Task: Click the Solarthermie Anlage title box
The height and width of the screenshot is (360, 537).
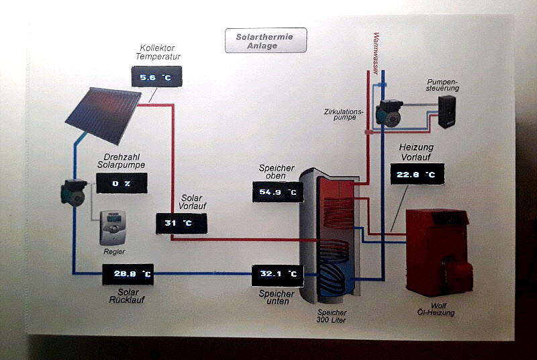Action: click(265, 40)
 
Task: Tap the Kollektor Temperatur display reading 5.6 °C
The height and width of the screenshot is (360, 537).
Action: click(156, 79)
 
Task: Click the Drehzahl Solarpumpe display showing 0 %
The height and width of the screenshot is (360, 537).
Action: click(121, 183)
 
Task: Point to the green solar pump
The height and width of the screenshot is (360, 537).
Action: click(72, 192)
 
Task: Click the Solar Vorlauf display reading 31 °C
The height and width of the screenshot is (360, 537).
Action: click(181, 223)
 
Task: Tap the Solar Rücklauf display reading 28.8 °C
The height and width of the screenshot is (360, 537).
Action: click(128, 274)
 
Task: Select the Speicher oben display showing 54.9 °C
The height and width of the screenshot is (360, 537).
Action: click(277, 193)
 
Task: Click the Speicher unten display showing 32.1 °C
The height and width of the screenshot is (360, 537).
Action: click(277, 274)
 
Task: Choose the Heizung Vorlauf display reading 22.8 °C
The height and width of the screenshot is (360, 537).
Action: click(416, 176)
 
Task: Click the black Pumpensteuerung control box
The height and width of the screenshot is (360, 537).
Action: click(446, 111)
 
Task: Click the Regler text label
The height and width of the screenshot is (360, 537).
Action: click(114, 252)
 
